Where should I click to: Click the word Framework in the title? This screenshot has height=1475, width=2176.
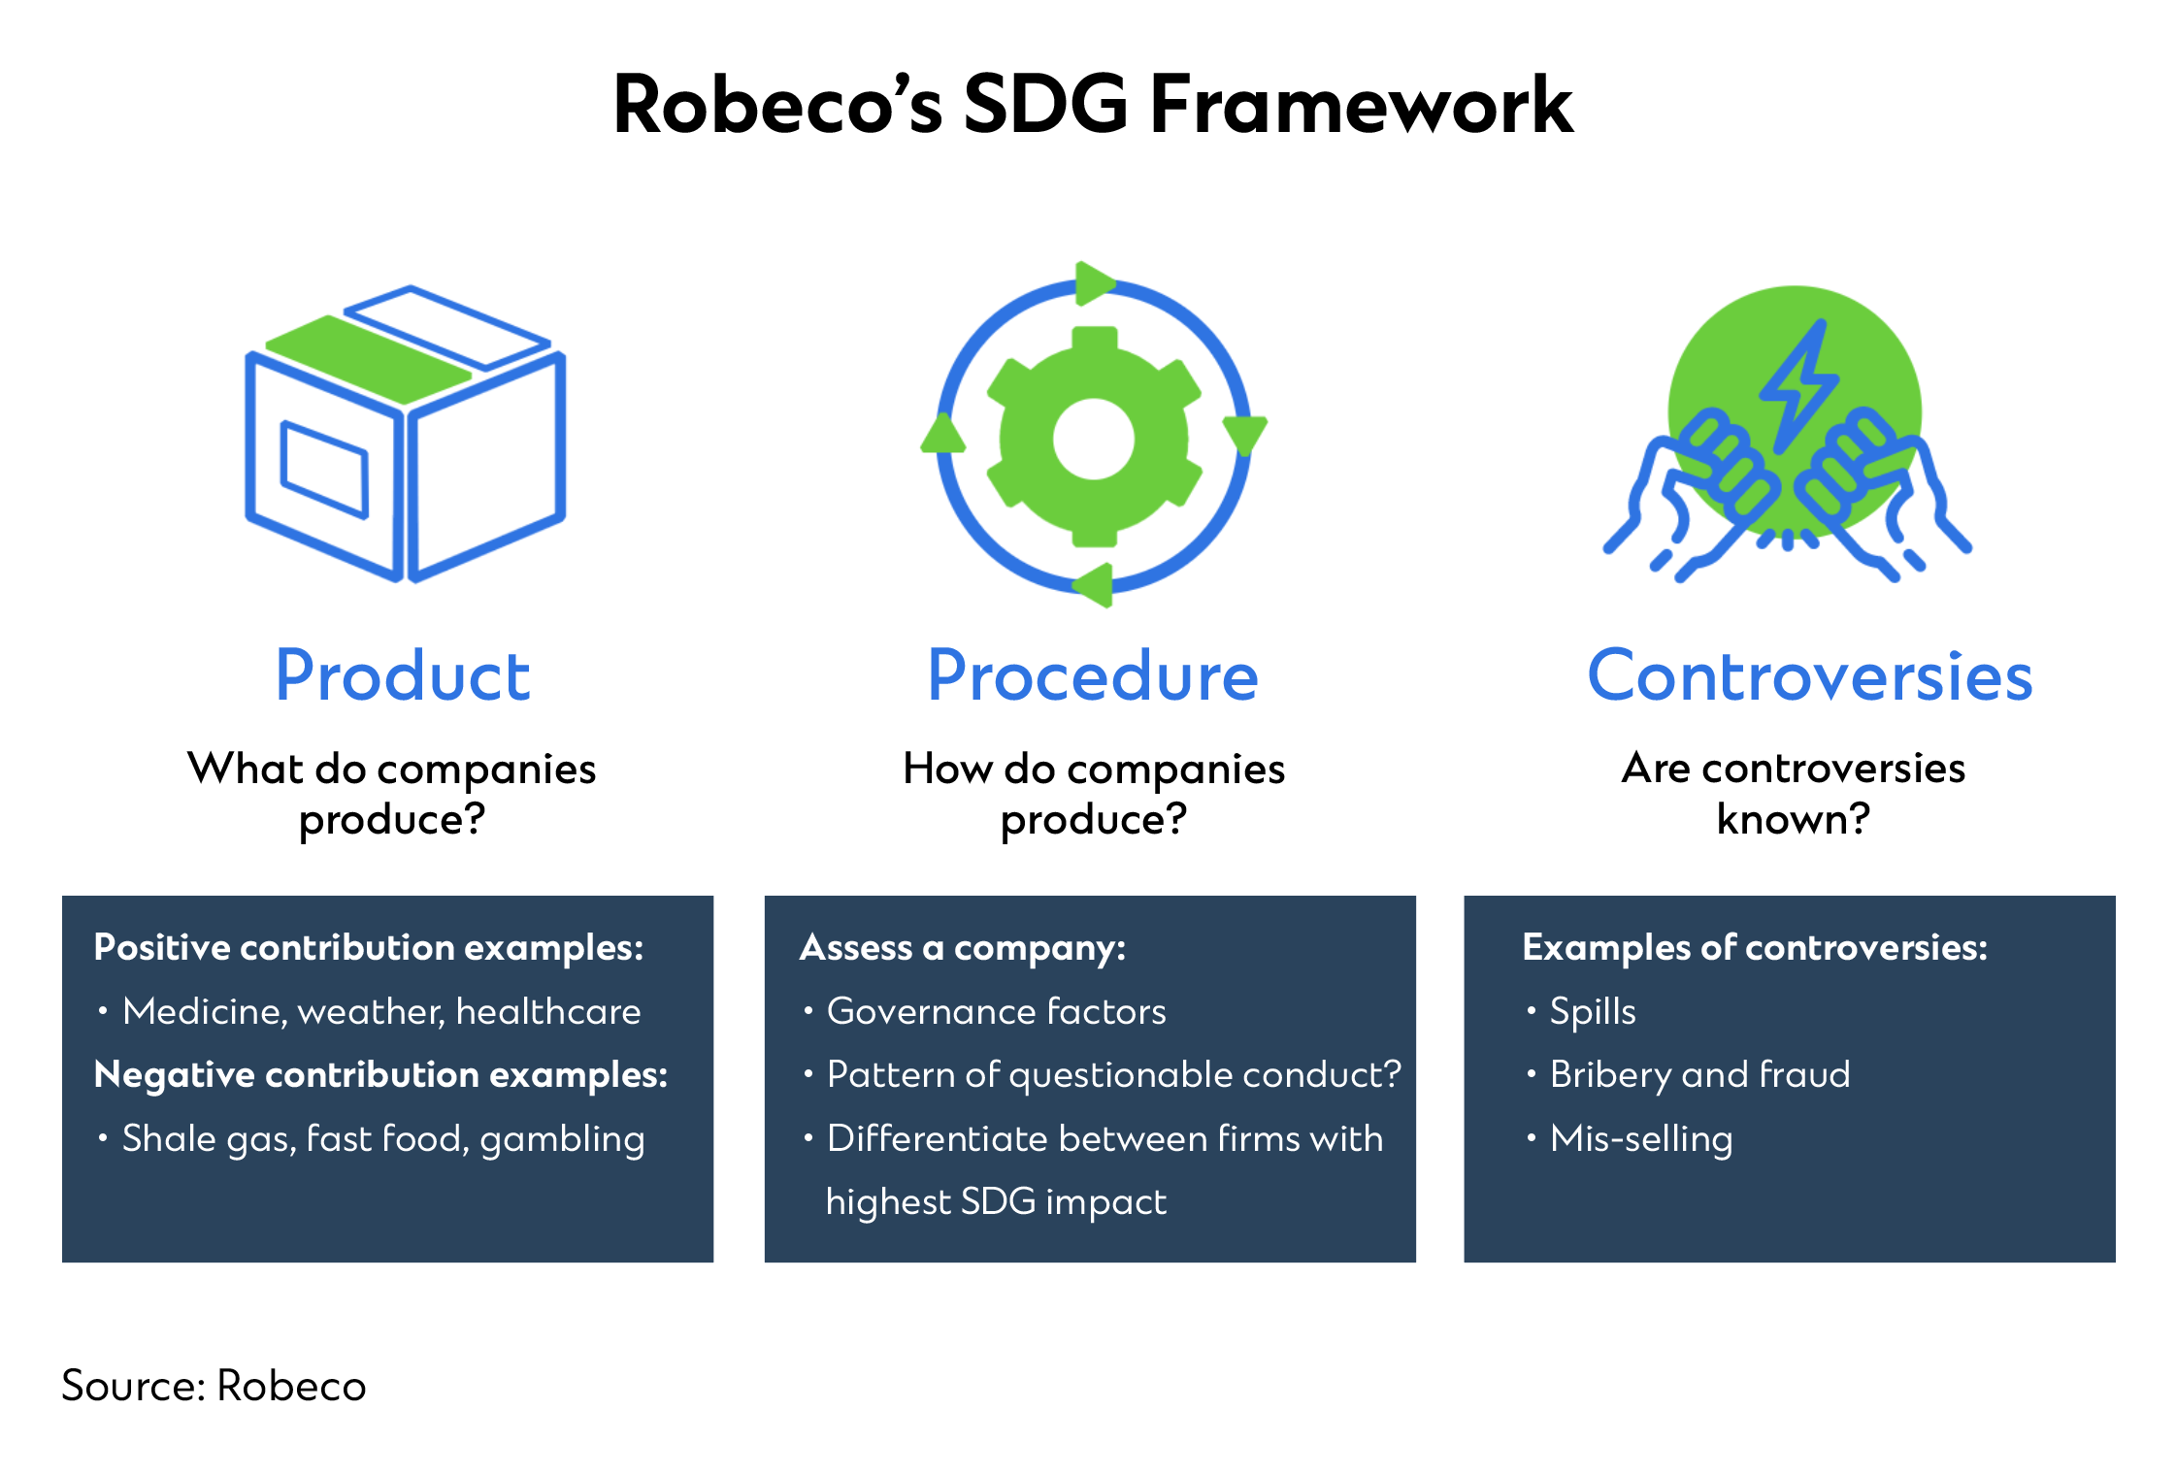tap(1361, 105)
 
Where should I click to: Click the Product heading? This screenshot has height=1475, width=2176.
tap(403, 675)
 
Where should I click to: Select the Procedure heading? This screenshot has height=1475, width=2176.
tap(1093, 675)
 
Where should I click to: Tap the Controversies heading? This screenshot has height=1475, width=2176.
tap(1809, 675)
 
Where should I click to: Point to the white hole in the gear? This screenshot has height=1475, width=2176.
tap(1094, 439)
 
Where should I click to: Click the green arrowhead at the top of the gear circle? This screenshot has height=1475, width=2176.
tap(1095, 282)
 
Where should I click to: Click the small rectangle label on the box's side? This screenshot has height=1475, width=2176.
tap(324, 470)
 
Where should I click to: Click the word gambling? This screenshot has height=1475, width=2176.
tap(562, 1139)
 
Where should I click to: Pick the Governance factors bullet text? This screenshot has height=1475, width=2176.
tap(996, 1012)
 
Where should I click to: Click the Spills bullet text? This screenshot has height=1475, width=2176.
tap(1593, 1012)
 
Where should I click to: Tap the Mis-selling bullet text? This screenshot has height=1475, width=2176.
tap(1641, 1139)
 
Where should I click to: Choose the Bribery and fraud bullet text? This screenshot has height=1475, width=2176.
tap(1699, 1075)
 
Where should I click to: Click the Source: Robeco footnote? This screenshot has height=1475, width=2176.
tap(214, 1386)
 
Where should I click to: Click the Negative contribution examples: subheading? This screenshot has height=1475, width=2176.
tap(380, 1075)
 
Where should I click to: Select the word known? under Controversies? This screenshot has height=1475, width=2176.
tap(1793, 819)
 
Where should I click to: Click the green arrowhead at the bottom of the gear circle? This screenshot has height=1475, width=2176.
tap(1095, 585)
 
